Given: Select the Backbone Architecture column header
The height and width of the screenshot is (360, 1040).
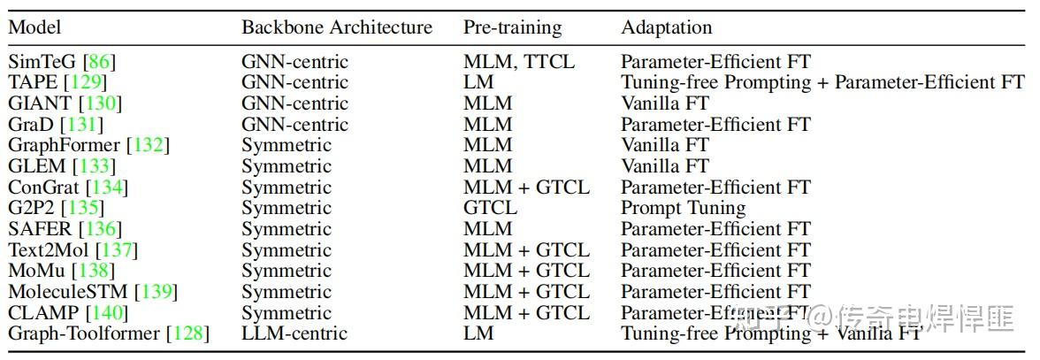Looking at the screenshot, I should [x=337, y=27].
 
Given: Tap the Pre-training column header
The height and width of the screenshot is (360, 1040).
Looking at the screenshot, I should [x=512, y=27].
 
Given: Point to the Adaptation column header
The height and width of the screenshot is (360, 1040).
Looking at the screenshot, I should [x=666, y=27].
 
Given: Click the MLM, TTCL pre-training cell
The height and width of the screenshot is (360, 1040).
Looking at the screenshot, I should [x=518, y=62].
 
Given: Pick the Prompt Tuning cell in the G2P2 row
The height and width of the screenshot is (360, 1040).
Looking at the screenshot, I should [x=683, y=209].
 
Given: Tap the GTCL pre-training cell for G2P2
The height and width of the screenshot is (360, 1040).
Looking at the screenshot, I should [x=490, y=209].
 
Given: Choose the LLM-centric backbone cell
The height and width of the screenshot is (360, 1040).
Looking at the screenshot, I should [x=294, y=333].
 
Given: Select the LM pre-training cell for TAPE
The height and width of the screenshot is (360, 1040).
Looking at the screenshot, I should [x=478, y=82].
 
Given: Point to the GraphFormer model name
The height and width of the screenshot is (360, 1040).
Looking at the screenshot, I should [x=64, y=145].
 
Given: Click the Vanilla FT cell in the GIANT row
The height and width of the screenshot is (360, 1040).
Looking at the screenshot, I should [x=665, y=103].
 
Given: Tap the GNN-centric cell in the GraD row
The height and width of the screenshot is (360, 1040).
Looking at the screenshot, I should [x=294, y=125].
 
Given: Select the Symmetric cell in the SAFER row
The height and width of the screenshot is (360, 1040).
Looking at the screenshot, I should [x=286, y=229].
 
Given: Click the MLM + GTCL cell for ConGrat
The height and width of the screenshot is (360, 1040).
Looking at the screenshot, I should [x=526, y=188].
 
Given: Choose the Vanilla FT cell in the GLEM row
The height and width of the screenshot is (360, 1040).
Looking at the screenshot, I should [x=665, y=166].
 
